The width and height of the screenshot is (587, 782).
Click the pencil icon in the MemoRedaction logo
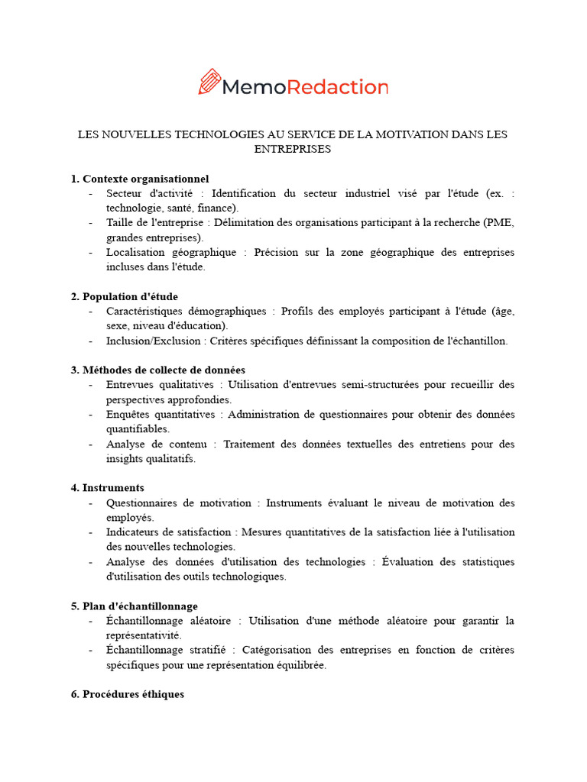point(209,82)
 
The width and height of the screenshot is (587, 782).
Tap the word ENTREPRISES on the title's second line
point(293,149)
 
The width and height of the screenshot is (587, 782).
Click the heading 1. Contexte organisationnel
point(140,179)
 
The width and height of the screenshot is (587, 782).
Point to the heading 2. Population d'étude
point(125,296)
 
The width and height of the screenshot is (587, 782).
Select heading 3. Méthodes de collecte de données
point(158,370)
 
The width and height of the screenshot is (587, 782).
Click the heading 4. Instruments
point(108,488)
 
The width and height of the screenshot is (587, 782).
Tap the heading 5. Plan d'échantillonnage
point(135,606)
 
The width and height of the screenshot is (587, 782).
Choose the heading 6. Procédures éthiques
point(128,695)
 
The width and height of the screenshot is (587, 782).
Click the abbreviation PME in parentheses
point(500,223)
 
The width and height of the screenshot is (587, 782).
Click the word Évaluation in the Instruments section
point(408,562)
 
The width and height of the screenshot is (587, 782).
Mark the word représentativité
point(144,635)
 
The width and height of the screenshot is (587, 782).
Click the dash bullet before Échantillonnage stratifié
point(91,651)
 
